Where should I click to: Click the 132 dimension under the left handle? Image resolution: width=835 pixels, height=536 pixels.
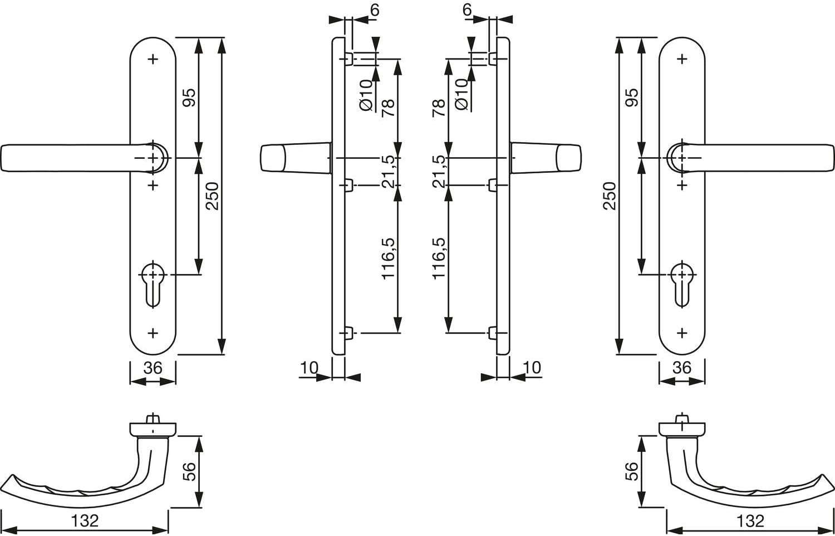tap(85, 521)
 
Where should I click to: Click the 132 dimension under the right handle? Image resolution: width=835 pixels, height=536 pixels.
tap(750, 521)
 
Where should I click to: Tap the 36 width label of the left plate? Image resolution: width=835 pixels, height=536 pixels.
tap(153, 368)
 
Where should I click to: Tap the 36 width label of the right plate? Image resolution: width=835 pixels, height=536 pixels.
tap(682, 368)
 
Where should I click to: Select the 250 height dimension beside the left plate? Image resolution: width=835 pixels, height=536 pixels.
tap(213, 196)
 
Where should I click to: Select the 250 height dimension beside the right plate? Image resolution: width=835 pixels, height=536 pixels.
tap(610, 196)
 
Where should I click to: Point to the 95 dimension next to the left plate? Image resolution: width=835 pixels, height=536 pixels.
tap(189, 98)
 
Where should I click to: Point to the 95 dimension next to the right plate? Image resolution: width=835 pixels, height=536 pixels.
tap(632, 98)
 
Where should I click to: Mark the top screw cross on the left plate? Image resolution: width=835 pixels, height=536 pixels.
tap(153, 59)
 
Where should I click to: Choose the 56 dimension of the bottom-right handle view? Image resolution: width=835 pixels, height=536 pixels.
tap(632, 471)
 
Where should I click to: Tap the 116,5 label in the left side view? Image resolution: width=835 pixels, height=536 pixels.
tap(388, 259)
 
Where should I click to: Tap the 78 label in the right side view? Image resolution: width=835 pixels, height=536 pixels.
tap(439, 108)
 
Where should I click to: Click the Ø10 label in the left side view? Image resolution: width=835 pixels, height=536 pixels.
tap(366, 95)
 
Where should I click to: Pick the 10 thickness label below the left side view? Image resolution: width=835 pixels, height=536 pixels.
tap(309, 368)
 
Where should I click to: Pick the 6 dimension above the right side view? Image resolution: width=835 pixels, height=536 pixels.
tap(467, 9)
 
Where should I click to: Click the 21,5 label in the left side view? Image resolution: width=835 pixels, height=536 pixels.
tap(388, 172)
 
